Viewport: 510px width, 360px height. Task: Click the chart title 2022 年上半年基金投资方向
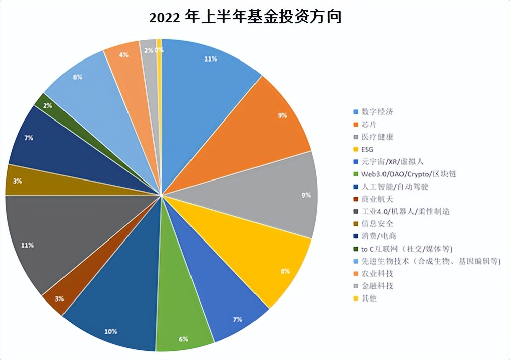245,17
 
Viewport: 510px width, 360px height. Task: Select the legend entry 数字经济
376,112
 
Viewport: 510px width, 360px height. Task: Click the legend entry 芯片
369,124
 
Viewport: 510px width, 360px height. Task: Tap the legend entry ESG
367,149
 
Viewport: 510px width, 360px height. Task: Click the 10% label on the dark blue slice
111,331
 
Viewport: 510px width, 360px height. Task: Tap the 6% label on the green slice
183,339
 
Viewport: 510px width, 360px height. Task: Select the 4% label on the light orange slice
123,54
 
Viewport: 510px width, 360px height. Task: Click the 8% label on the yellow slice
285,271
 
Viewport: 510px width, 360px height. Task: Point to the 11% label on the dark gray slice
28,245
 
